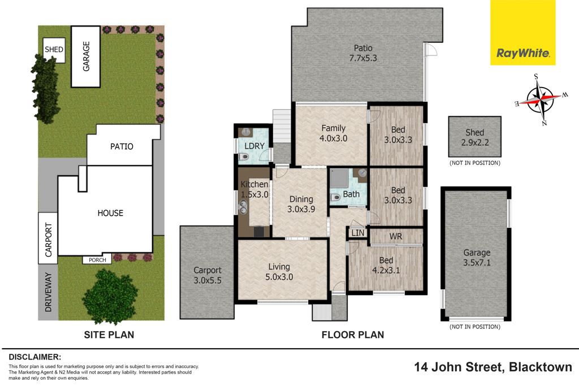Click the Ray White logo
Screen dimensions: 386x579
pos(522,53)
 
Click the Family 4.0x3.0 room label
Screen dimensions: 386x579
pos(334,133)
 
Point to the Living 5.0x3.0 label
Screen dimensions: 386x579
pos(279,271)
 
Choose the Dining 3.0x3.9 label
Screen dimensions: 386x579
pos(300,204)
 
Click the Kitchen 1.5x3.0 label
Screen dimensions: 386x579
pos(254,189)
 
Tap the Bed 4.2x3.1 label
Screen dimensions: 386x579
pos(386,265)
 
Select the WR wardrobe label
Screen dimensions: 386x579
pos(396,236)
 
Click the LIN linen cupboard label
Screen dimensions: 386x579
pos(357,233)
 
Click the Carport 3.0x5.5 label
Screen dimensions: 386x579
pos(207,275)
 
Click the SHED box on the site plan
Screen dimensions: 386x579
pos(54,50)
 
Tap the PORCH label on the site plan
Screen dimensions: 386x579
pos(97,260)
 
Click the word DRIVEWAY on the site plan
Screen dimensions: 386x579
pos(48,293)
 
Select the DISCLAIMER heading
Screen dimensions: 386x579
pos(34,357)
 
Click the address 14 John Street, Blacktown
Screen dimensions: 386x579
pos(493,367)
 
